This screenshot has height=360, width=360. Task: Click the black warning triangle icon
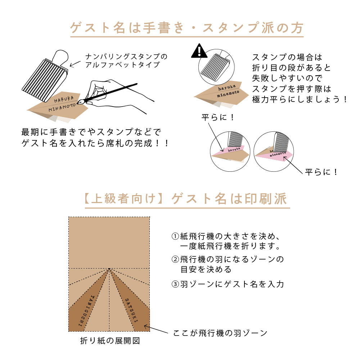point(199,51)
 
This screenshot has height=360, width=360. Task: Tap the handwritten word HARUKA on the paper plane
point(64,99)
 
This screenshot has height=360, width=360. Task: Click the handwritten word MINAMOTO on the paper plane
point(62,107)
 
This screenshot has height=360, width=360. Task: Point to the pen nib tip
point(78,103)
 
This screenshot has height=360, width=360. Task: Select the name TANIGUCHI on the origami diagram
point(86,311)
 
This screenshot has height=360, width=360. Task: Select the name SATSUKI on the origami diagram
point(131,310)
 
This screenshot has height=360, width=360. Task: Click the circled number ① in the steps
point(175,236)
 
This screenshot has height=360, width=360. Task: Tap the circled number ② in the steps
point(175,260)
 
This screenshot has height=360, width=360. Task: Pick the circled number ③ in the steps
point(175,284)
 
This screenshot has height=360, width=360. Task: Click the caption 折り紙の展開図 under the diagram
point(110,341)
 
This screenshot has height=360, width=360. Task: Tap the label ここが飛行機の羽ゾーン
point(220,333)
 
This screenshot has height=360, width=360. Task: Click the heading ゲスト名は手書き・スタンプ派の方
point(186,28)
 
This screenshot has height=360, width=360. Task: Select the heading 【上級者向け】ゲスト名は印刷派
point(186,199)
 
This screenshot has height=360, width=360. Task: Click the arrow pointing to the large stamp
point(75,64)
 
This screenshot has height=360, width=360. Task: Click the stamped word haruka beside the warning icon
point(226,87)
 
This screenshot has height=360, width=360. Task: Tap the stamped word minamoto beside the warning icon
point(228,94)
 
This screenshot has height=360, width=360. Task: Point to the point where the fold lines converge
point(109,269)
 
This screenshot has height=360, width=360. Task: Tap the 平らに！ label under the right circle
point(321,172)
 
